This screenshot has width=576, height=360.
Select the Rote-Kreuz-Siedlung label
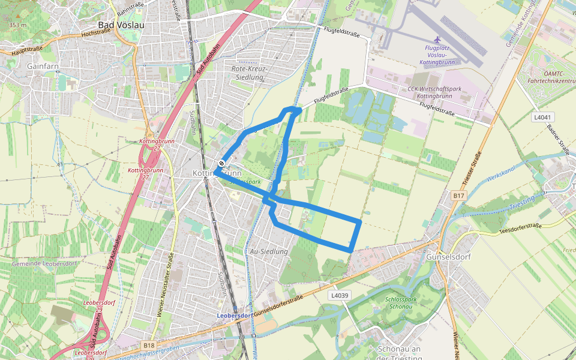[x=250, y=73]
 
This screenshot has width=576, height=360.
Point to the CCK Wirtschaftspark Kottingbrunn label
[x=430, y=92]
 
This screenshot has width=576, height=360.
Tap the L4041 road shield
[x=542, y=117]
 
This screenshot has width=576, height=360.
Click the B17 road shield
[x=459, y=196]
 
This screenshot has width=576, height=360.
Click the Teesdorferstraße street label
[x=520, y=229]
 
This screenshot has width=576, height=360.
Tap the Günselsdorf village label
[x=449, y=257]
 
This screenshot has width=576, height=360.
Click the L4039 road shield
[x=339, y=295]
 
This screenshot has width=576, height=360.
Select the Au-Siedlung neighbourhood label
[x=269, y=251]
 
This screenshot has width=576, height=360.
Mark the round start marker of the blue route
[x=221, y=163]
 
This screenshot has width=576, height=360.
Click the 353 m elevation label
[x=18, y=25]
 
